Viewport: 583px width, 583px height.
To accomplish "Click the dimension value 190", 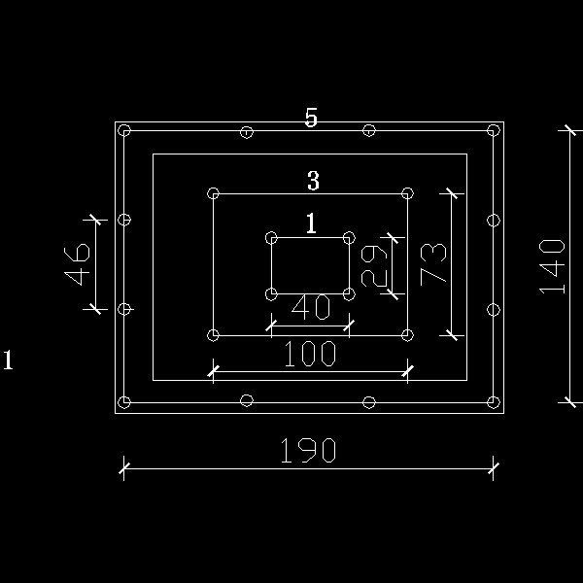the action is pos(308,450).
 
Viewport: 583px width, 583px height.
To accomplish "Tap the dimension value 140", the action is pos(552,266).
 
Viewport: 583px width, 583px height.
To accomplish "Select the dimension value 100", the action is pos(310,354).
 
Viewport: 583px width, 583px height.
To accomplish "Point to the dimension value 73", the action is pos(433,264).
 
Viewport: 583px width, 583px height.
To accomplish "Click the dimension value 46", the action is pos(77,264).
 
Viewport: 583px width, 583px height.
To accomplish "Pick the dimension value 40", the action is pos(311,307).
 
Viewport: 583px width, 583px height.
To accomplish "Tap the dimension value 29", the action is pos(374,266).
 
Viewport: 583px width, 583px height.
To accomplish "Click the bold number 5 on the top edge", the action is pos(311,118).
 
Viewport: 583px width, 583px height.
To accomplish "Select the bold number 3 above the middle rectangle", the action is pos(313,181).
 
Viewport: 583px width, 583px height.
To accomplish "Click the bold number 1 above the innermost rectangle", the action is pos(312,223).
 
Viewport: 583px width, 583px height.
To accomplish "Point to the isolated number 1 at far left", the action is pos(8,360).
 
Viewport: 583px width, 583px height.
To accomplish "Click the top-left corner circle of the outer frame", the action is pos(124,130).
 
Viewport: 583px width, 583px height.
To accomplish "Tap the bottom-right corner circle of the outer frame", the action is pos(494,402).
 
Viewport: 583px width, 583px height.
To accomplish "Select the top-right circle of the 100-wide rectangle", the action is pos(407,193).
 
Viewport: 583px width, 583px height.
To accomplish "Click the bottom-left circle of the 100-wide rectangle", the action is pos(213,335).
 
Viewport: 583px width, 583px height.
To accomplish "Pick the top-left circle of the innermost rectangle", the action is pos(271,238).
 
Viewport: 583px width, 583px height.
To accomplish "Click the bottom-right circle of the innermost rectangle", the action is pos(349,294).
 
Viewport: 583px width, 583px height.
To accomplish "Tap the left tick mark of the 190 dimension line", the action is pos(124,468).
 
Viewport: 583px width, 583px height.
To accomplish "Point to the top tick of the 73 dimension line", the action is pos(452,193).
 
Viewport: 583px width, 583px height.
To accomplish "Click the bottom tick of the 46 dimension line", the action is pos(95,309).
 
